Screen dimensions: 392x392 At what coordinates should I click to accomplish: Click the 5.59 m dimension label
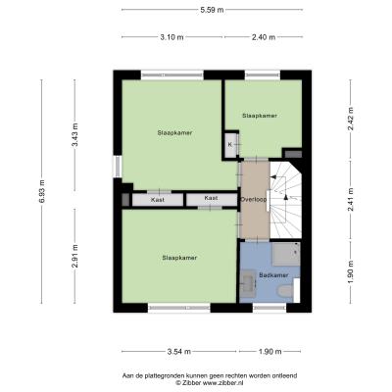[212, 10]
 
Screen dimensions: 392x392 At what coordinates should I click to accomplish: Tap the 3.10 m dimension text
[171, 37]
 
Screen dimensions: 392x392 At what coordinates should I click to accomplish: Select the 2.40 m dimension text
[264, 37]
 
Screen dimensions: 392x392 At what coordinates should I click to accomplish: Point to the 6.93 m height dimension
[41, 191]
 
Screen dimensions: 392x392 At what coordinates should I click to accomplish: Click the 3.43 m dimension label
[74, 134]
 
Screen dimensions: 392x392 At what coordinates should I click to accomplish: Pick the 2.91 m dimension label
[74, 256]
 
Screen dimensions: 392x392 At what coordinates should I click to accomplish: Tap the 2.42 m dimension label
[351, 119]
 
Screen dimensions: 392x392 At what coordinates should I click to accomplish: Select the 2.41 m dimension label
[351, 200]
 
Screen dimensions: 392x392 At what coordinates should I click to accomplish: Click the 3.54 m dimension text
[179, 352]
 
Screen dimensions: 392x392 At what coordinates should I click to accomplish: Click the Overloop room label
[254, 199]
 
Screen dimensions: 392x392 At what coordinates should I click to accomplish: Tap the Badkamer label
[273, 275]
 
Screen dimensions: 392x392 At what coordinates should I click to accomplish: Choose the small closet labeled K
[230, 144]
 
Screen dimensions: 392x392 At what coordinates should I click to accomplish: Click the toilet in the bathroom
[284, 290]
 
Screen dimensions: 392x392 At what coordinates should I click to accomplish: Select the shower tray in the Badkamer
[286, 254]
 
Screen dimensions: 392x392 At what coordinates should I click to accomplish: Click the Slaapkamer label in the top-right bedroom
[260, 116]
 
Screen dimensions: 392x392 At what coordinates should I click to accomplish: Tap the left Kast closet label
[158, 200]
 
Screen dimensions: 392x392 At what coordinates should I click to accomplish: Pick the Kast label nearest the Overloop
[211, 198]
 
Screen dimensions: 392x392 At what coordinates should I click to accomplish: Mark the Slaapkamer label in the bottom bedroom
[179, 258]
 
